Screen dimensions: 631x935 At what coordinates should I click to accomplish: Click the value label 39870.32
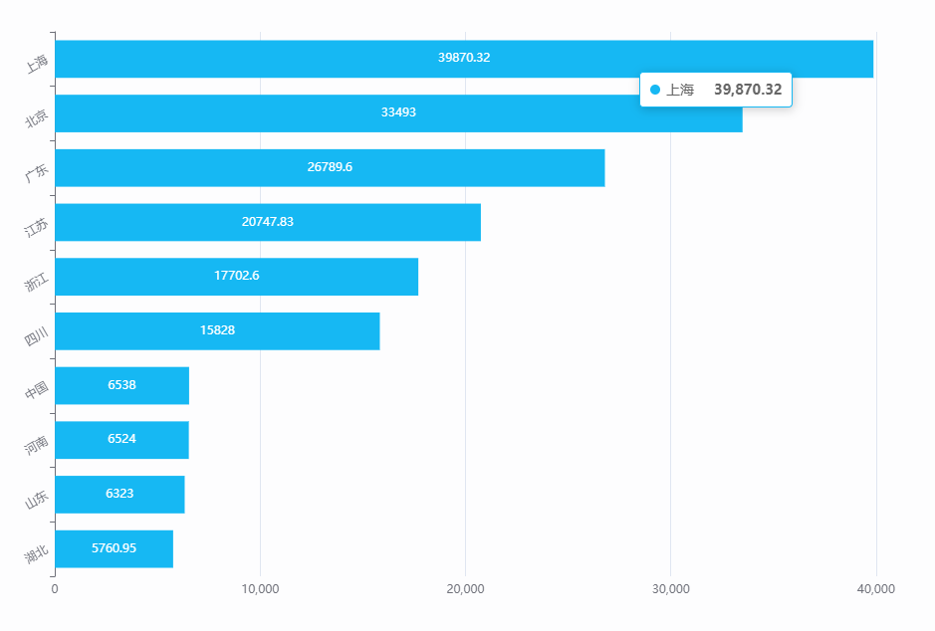464,58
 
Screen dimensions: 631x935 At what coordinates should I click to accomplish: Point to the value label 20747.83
268,222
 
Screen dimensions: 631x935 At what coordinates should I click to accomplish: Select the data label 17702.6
237,276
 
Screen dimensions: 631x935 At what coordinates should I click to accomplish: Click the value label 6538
122,385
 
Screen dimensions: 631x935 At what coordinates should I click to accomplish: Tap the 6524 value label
121,439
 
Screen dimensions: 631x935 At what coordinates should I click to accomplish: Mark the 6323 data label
119,494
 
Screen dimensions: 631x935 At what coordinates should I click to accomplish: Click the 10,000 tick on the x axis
260,589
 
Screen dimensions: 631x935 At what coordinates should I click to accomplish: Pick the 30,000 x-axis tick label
670,589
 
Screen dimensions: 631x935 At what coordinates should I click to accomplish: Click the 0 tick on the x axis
55,589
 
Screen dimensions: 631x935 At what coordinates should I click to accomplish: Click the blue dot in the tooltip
655,90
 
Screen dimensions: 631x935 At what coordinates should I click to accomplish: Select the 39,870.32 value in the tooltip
748,90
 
